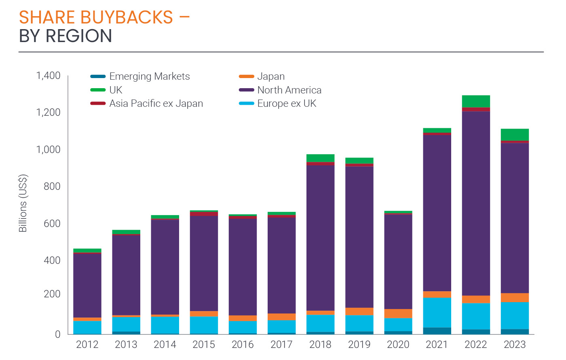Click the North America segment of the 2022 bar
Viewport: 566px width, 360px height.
(x=476, y=202)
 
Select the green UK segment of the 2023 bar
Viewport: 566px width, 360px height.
(x=515, y=134)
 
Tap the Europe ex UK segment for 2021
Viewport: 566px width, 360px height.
(x=437, y=312)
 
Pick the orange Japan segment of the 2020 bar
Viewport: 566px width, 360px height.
(x=398, y=313)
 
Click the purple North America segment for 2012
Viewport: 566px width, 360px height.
(x=87, y=285)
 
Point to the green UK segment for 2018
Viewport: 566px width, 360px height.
(x=320, y=158)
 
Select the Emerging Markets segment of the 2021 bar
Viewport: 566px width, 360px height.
(x=437, y=331)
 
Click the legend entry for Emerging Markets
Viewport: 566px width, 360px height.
(x=149, y=76)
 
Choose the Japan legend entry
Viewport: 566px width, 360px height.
(x=271, y=76)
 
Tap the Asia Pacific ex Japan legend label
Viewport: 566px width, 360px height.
(x=156, y=104)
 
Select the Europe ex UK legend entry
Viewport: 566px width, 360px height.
(x=287, y=104)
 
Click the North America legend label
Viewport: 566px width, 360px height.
(x=289, y=90)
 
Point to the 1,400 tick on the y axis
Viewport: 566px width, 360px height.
(x=48, y=76)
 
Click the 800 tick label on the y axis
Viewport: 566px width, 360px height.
(x=52, y=186)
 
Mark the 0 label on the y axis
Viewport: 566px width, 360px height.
(x=58, y=334)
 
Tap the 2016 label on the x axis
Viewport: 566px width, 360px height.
(x=243, y=345)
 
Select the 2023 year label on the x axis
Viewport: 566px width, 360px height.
(x=515, y=345)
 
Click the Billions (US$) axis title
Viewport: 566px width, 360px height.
(x=23, y=203)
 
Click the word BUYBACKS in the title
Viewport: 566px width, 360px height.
(x=127, y=17)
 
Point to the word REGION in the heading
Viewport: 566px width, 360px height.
(x=79, y=36)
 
